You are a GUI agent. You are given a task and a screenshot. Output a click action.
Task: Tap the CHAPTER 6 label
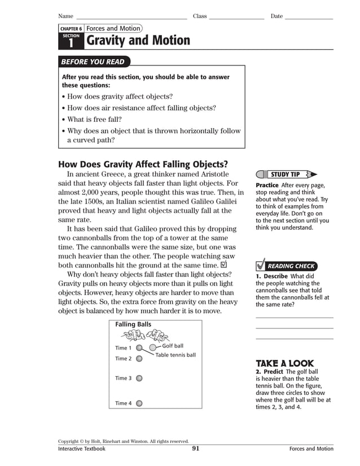point(71,29)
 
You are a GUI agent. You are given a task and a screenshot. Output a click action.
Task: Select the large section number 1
point(71,43)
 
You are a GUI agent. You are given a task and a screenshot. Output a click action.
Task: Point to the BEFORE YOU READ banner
point(94,62)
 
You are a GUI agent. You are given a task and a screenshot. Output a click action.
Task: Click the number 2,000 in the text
point(93,192)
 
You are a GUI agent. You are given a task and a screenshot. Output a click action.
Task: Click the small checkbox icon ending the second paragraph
point(225,265)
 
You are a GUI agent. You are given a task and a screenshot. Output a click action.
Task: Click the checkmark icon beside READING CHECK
point(260,265)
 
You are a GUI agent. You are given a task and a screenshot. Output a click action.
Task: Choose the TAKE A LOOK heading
point(285,364)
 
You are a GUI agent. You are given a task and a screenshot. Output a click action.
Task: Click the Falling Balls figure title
point(133,325)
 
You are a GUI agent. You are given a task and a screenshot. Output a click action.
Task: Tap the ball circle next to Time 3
point(139,379)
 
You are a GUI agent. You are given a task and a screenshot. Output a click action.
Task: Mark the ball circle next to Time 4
point(139,403)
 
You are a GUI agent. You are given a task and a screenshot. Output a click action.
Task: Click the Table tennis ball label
point(175,355)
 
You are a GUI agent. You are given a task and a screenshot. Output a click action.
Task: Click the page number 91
point(195,449)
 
